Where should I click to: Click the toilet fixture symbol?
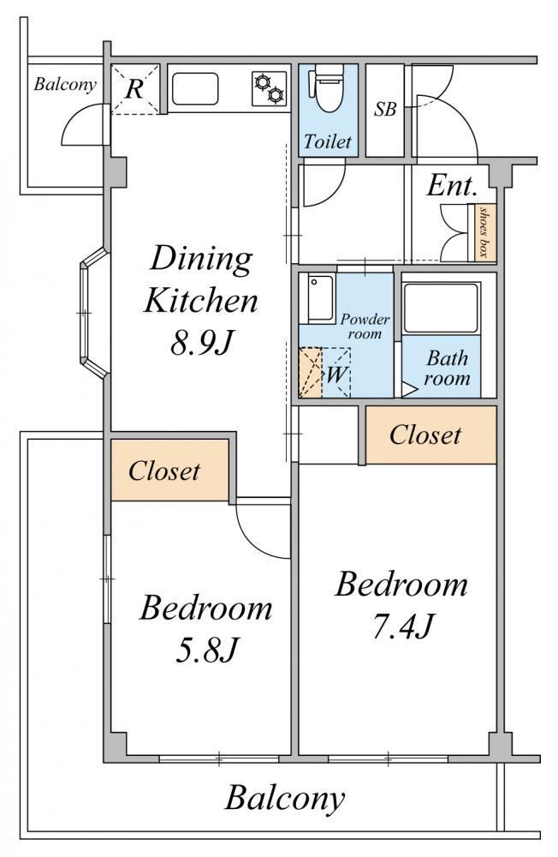(x=327, y=87)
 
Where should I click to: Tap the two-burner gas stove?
(x=270, y=88)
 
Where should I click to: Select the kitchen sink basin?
(x=195, y=88)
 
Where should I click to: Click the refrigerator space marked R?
(x=135, y=89)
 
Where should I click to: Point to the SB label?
(x=385, y=110)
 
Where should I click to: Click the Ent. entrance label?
(x=452, y=185)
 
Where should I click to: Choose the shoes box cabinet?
(x=482, y=232)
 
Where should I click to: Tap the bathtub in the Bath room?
(x=441, y=307)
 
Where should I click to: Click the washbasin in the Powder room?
(x=321, y=299)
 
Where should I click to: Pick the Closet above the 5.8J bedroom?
(x=169, y=470)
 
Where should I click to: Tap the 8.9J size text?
(x=201, y=344)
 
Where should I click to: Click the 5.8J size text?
(x=206, y=650)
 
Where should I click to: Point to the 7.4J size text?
(x=402, y=626)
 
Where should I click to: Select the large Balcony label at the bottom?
(x=284, y=799)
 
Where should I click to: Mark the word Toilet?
(x=328, y=141)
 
